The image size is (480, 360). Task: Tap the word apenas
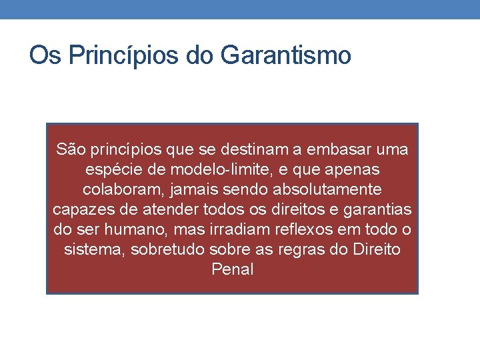pos(346,169)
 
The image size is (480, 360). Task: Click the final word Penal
pos(232,269)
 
